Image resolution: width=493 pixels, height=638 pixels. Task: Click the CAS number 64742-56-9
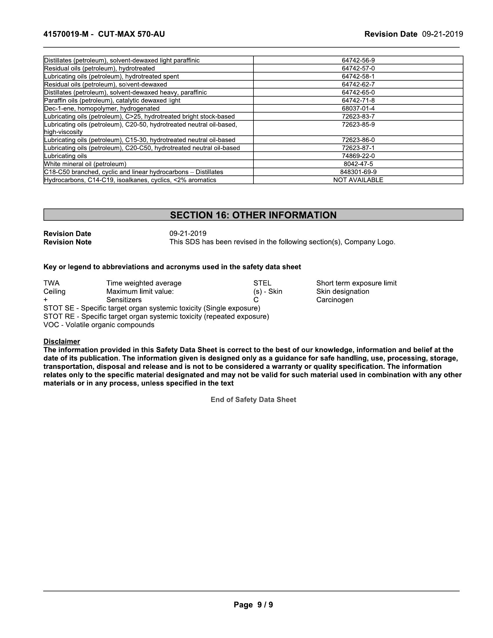358,61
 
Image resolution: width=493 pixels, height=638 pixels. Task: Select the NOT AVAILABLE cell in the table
358,180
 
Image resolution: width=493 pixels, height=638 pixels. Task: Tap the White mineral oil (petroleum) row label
85,164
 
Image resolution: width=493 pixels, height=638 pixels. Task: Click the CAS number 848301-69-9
358,172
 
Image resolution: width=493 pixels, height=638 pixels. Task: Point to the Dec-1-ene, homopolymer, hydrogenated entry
101,109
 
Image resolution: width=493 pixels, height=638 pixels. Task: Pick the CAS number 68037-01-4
358,109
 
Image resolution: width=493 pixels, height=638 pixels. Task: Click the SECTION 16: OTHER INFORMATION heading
253,215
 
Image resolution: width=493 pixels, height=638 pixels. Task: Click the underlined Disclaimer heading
61,341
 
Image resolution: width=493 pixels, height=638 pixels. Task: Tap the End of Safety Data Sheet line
253,399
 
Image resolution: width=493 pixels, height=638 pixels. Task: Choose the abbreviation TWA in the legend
51,283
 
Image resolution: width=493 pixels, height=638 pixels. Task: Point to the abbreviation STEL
262,283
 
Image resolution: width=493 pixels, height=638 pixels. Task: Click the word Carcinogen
335,300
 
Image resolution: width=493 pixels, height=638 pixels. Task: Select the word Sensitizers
124,300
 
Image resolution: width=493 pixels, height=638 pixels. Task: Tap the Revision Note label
68,242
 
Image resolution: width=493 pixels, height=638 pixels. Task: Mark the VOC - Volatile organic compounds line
99,325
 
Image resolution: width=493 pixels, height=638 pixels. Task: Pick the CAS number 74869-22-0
358,156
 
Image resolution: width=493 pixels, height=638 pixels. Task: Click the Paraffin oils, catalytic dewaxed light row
112,101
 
